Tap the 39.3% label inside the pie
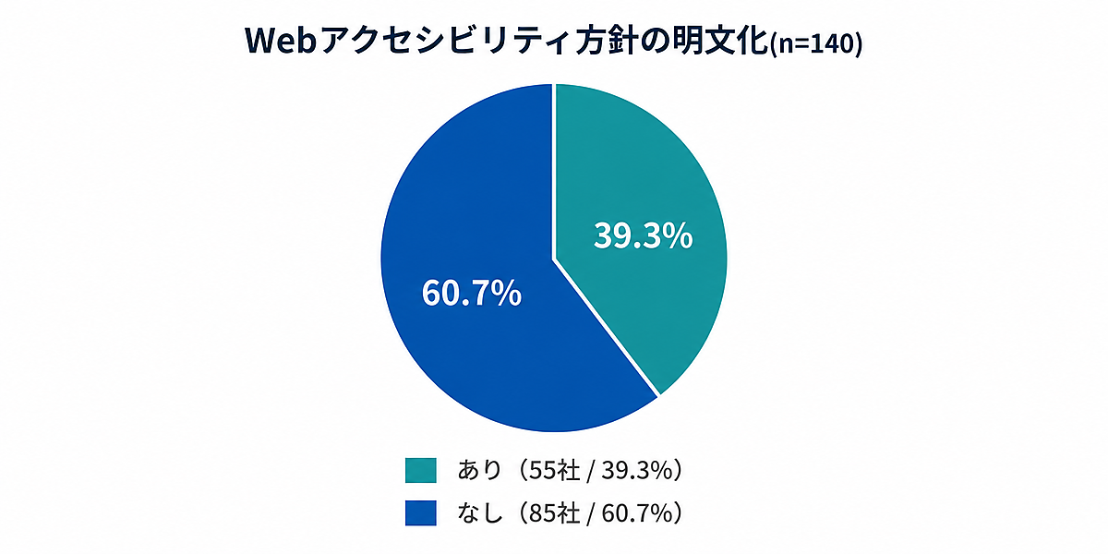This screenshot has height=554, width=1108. [643, 235]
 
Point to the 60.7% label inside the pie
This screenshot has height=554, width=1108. [472, 293]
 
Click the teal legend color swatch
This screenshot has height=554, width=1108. [420, 470]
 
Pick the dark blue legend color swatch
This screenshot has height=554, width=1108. [420, 513]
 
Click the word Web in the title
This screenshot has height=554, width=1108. [281, 42]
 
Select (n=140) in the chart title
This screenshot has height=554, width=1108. [816, 44]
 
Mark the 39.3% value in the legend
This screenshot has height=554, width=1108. [636, 470]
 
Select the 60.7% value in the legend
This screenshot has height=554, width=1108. [636, 513]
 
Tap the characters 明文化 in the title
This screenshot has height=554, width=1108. [723, 42]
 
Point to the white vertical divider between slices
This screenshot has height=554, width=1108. [554, 171]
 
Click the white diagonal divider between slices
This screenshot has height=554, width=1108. [607, 327]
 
